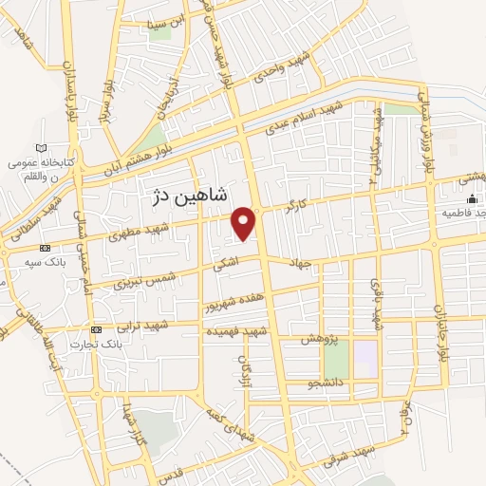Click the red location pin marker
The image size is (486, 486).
(x=245, y=221)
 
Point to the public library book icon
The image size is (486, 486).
(x=40, y=148)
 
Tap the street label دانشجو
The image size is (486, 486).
(x=301, y=385)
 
